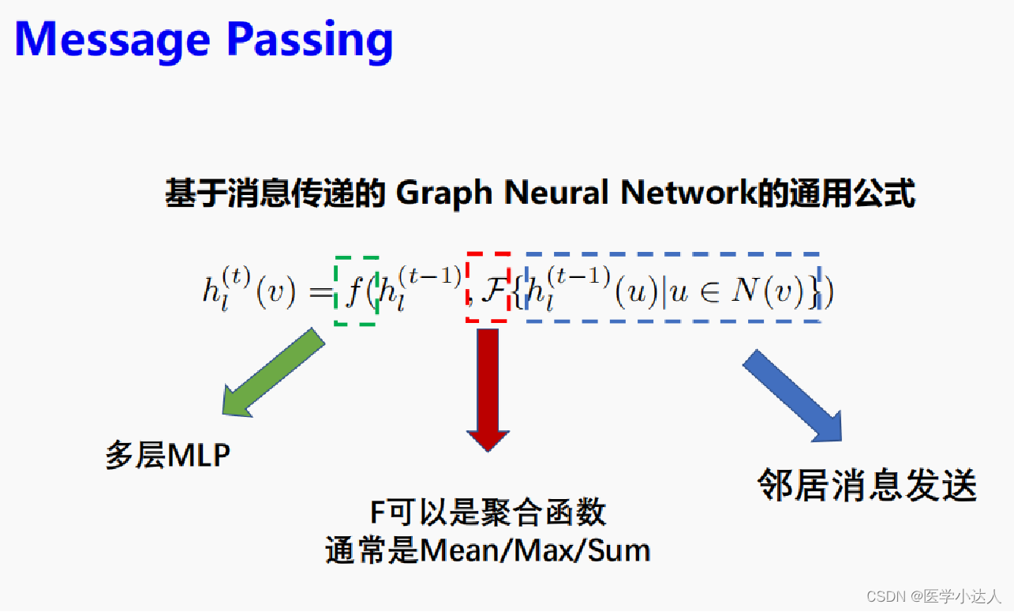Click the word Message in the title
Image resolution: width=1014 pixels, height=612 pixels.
(x=112, y=39)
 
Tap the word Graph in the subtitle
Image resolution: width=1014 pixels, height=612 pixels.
(x=444, y=193)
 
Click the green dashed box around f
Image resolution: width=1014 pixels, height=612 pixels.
(x=357, y=291)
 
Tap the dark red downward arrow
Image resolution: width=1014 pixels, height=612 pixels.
(x=488, y=387)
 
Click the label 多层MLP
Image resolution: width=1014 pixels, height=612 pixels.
(x=168, y=456)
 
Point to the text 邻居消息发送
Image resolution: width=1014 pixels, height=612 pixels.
(x=866, y=485)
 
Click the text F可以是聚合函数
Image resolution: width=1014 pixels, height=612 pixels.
(x=488, y=513)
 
